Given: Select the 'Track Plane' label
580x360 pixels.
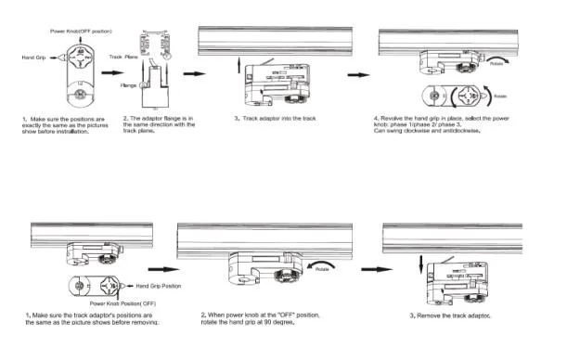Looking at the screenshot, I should coord(124,57).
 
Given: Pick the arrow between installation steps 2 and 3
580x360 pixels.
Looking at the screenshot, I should coord(193,72).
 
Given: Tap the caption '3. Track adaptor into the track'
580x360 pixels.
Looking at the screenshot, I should coord(277,119).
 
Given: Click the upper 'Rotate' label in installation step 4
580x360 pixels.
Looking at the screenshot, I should coord(496,65).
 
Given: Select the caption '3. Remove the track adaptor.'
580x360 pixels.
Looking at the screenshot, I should coord(450,316).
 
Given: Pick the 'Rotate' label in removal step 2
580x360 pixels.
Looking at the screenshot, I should coord(322,268).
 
